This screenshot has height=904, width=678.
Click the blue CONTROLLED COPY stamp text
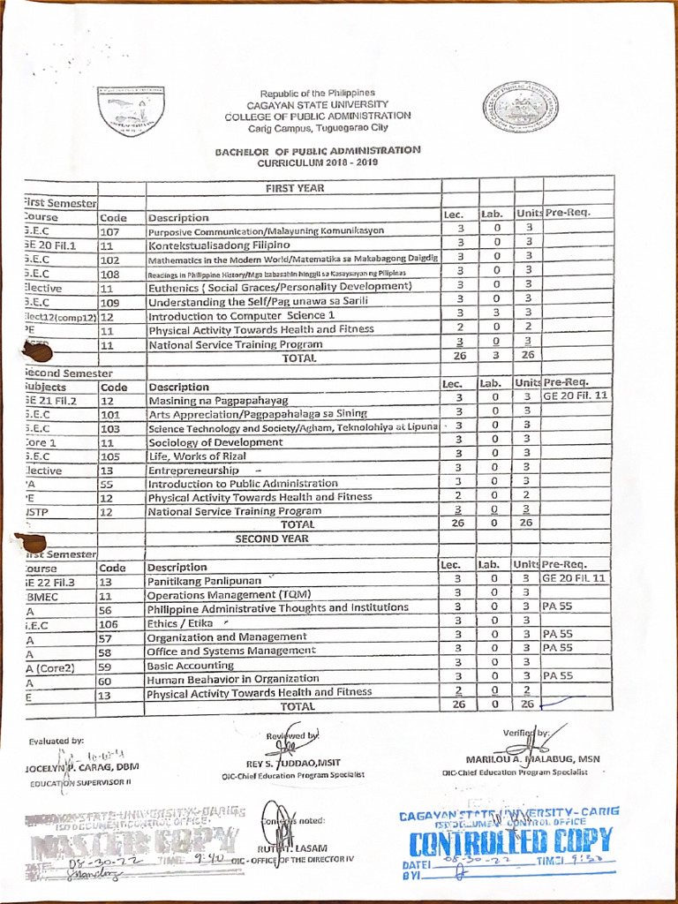pyautogui.click(x=509, y=840)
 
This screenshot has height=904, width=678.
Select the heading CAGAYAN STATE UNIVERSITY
pyautogui.click(x=317, y=104)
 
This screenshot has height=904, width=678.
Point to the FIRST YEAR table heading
pyautogui.click(x=294, y=188)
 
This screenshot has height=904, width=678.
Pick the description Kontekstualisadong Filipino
pyautogui.click(x=219, y=244)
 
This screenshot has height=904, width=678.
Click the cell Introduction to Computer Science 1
pyautogui.click(x=241, y=315)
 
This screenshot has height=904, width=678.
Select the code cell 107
pyautogui.click(x=110, y=231)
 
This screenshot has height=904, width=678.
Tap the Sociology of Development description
pyautogui.click(x=203, y=442)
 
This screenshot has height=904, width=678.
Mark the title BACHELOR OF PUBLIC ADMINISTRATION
pyautogui.click(x=318, y=151)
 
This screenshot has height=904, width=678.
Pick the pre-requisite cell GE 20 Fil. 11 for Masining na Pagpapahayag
pyautogui.click(x=576, y=396)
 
